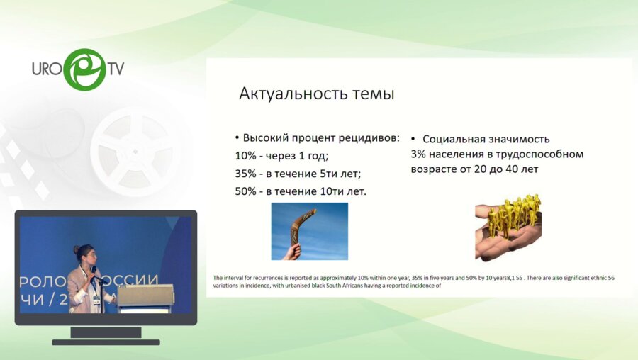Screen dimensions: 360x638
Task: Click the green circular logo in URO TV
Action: click(x=84, y=69)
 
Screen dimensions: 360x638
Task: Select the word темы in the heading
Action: click(x=370, y=94)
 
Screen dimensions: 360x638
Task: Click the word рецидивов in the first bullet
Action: click(x=369, y=138)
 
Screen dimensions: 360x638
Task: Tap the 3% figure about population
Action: click(x=418, y=154)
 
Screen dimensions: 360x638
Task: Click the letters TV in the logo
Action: click(x=116, y=69)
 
